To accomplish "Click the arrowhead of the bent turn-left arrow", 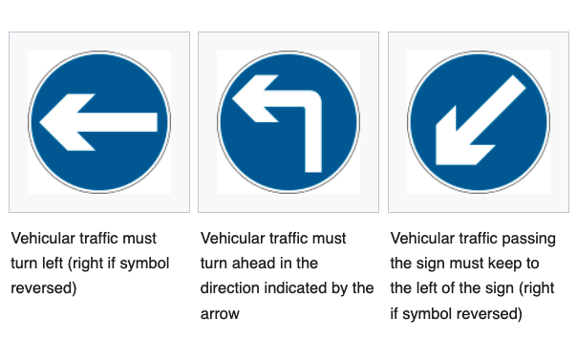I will (252, 99).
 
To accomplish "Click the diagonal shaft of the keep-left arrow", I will (492, 102).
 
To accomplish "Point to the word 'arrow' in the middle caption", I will (222, 312).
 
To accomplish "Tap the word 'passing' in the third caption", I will (530, 238).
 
